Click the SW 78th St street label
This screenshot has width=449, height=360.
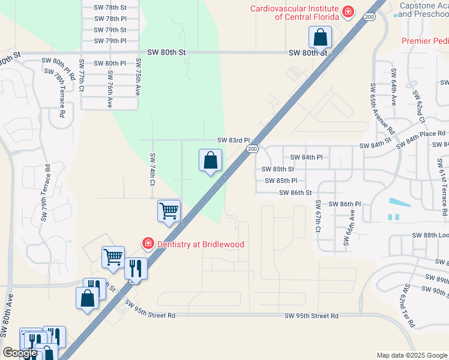tap(110, 8)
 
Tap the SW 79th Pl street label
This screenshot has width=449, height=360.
tap(110, 41)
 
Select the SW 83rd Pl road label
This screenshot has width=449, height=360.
tap(233, 140)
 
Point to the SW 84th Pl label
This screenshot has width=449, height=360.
tap(306, 157)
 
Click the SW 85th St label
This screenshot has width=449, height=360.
tap(279, 169)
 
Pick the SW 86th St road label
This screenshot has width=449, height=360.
tap(295, 193)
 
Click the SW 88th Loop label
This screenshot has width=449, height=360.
tap(430, 236)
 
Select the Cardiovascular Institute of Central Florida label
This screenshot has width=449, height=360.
tap(295, 13)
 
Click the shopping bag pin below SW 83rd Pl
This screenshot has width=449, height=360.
tap(210, 160)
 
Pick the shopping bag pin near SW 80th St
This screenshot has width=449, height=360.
tap(321, 37)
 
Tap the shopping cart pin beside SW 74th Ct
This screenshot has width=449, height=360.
tap(169, 211)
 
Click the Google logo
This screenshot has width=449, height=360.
tap(20, 353)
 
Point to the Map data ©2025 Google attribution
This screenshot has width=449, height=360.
tap(411, 355)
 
